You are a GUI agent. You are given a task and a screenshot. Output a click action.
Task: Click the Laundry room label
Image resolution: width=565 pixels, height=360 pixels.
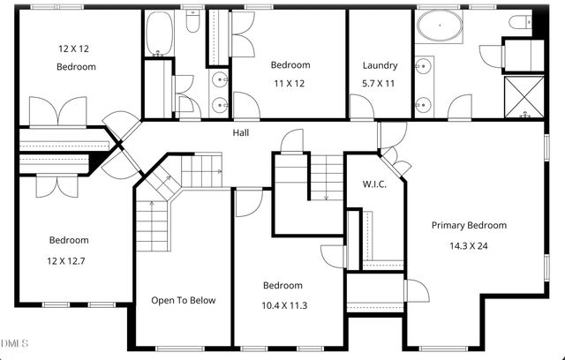(x=380, y=65)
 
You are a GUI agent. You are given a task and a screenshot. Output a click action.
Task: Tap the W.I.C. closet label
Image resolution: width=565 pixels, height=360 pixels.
(x=375, y=184)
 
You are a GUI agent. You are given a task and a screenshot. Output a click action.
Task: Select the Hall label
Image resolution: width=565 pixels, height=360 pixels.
(x=241, y=133)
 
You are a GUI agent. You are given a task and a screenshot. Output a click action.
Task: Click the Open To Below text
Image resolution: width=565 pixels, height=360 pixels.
(x=183, y=300)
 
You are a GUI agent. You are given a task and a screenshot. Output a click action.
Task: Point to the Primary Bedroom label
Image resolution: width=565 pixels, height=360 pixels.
(x=469, y=225)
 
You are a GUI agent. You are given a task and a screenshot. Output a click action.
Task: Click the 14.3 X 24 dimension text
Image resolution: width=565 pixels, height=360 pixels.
(x=469, y=246)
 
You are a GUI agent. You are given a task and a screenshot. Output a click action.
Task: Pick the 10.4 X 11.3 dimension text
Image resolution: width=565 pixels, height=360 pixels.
(x=282, y=306)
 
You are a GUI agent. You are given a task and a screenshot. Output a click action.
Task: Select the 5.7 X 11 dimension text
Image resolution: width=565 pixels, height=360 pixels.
(x=380, y=84)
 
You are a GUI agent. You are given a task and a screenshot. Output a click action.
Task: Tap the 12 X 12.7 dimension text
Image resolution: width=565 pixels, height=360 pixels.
(x=69, y=260)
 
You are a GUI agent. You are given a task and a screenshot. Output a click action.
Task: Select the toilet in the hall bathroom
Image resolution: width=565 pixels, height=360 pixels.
(x=192, y=24)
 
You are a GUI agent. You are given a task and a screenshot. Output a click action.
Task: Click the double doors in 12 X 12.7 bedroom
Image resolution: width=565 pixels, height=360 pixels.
(x=56, y=185)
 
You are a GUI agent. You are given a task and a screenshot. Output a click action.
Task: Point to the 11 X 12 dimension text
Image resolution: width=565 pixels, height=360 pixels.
(x=290, y=84)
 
